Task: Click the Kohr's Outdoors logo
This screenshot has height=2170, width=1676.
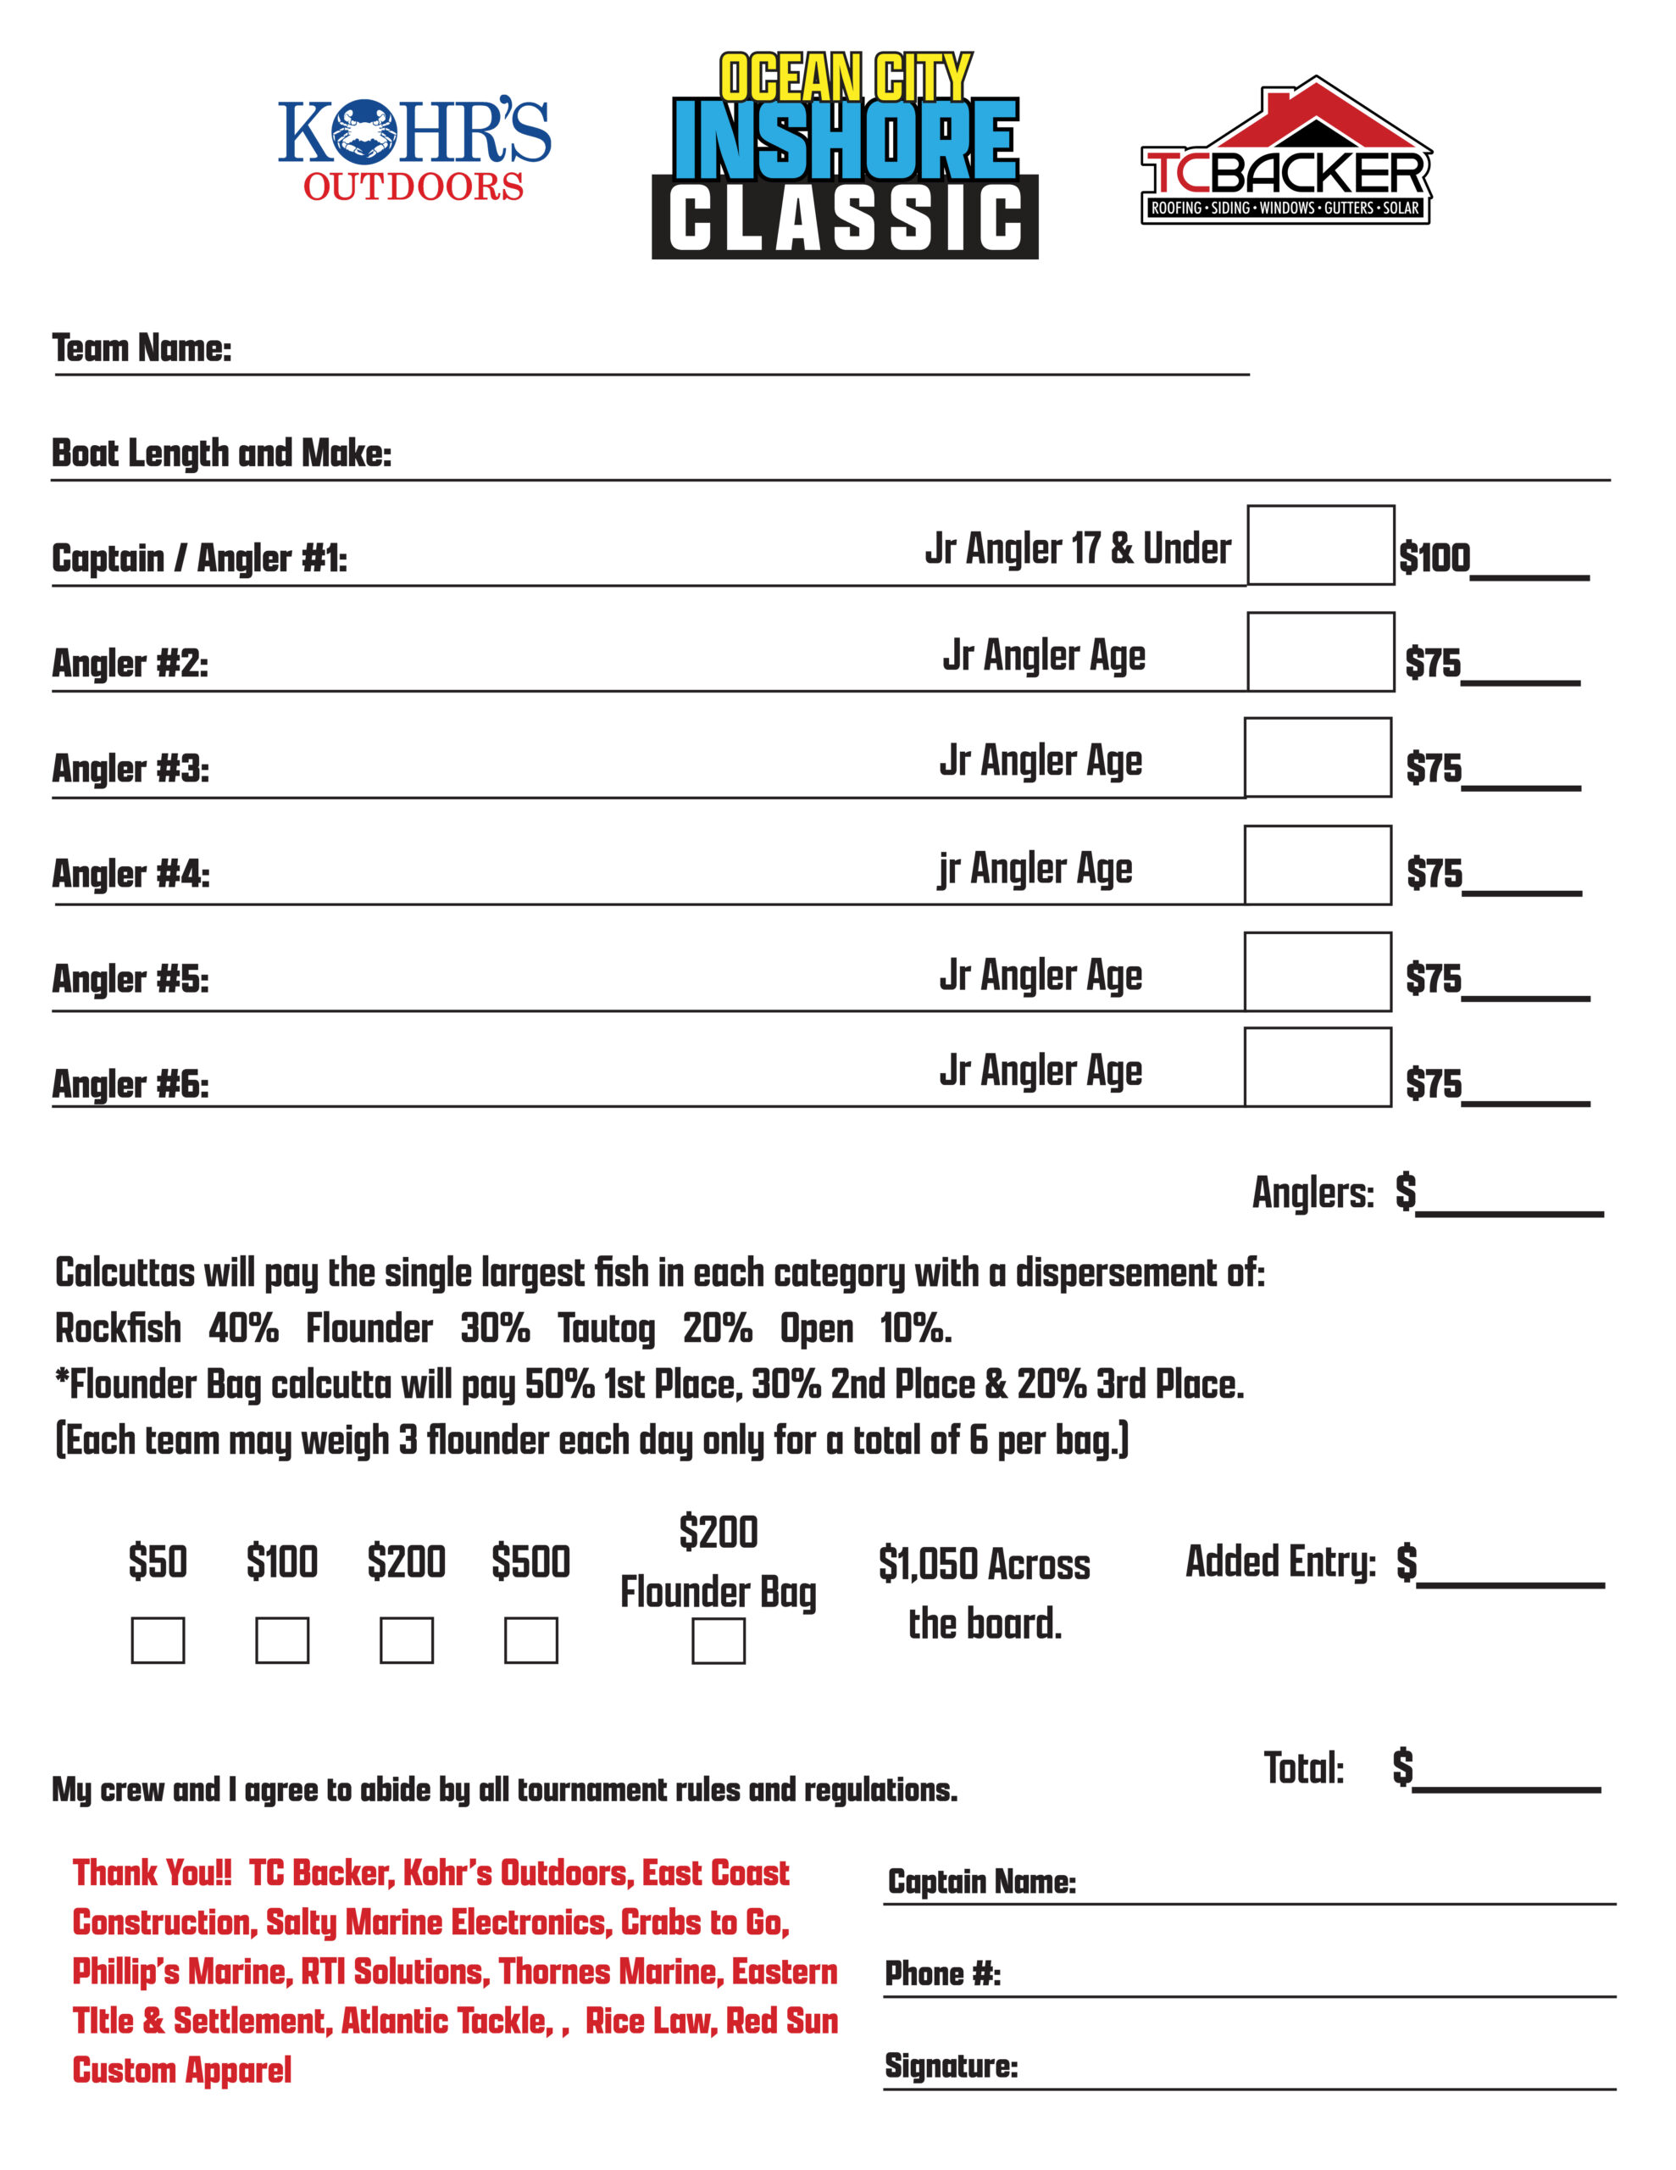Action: pyautogui.click(x=413, y=149)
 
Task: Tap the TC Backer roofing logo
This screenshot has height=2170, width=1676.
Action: pyautogui.click(x=1285, y=154)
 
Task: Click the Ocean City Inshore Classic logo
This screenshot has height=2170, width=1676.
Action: pyautogui.click(x=845, y=157)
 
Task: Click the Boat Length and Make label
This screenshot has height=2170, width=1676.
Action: pyautogui.click(x=220, y=454)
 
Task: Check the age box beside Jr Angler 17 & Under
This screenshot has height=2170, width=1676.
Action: pyautogui.click(x=1320, y=546)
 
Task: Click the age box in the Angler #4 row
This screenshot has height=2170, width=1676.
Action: pyautogui.click(x=1318, y=865)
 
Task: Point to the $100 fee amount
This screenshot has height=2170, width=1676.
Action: pyautogui.click(x=1434, y=559)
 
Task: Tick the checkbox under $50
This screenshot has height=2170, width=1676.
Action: pyautogui.click(x=158, y=1639)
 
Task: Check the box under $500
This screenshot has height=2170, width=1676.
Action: pyautogui.click(x=530, y=1639)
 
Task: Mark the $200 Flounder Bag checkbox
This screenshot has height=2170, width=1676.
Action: pyautogui.click(x=719, y=1640)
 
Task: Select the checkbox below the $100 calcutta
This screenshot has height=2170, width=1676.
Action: pyautogui.click(x=282, y=1639)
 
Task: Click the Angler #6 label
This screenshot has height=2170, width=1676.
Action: pyautogui.click(x=130, y=1084)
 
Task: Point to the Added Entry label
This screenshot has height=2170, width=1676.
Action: pyautogui.click(x=1279, y=1562)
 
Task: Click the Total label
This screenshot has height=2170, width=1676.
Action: pyautogui.click(x=1303, y=1770)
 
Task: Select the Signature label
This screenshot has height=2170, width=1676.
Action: pyautogui.click(x=951, y=2066)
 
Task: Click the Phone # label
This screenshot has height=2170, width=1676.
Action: pyautogui.click(x=942, y=1973)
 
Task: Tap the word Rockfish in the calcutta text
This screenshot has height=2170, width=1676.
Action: pyautogui.click(x=119, y=1328)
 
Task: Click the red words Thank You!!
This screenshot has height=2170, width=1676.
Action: pyautogui.click(x=152, y=1873)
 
